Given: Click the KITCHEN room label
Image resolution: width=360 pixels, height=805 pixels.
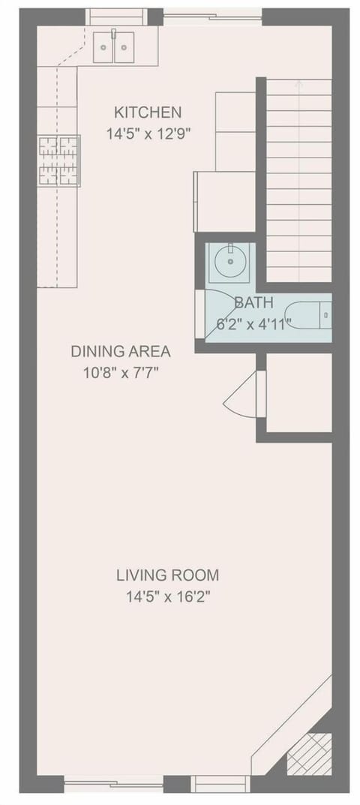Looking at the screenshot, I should tap(148, 113).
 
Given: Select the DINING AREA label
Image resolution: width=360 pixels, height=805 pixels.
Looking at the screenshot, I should tap(121, 351).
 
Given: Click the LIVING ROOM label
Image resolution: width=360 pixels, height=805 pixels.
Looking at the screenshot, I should tap(167, 575).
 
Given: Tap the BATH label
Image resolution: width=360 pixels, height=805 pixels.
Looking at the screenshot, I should tap(253, 304).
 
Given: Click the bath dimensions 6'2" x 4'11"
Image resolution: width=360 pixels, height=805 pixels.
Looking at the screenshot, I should tap(253, 323).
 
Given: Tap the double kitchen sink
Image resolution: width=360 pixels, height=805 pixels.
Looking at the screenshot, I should tap(113, 47).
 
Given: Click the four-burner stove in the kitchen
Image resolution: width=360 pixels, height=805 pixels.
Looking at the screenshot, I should tap(59, 160).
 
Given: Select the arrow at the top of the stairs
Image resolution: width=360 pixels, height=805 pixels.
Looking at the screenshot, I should tap(298, 83).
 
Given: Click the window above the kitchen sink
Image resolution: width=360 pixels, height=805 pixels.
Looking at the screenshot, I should tap(116, 17).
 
